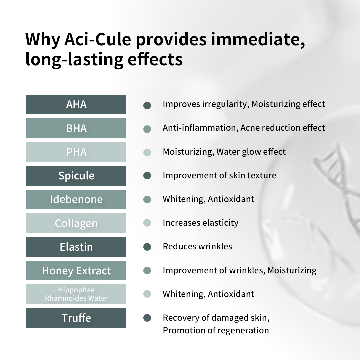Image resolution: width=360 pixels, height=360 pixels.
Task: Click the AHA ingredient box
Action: pos(76,104)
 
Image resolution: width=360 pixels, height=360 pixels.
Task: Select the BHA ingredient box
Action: pos(76,128)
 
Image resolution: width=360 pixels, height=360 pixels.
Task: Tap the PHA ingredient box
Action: pos(76,152)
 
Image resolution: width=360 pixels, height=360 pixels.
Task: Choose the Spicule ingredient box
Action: pos(76,176)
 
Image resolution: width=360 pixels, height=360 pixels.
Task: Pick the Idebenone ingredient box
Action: pos(76,199)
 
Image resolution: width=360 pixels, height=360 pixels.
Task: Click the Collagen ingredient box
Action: pos(76,223)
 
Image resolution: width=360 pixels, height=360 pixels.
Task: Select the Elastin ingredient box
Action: pos(76,247)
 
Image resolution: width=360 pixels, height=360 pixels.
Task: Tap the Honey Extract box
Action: pos(76,270)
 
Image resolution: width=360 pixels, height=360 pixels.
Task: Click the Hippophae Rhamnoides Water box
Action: pos(76,294)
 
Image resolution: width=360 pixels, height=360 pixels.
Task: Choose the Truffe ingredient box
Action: pos(76,318)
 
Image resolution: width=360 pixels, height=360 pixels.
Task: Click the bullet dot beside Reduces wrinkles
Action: pos(147,247)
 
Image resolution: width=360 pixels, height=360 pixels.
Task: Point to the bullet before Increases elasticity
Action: pos(147,223)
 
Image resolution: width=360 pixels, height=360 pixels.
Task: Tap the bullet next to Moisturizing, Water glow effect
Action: pos(147,152)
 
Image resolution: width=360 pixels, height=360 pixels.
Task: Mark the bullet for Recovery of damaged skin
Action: pos(147,318)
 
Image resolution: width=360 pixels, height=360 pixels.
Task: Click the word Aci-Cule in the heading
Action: pos(98,39)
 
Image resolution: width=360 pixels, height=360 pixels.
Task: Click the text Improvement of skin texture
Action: pos(219,175)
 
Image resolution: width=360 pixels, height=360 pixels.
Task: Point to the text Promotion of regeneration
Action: pos(216,330)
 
